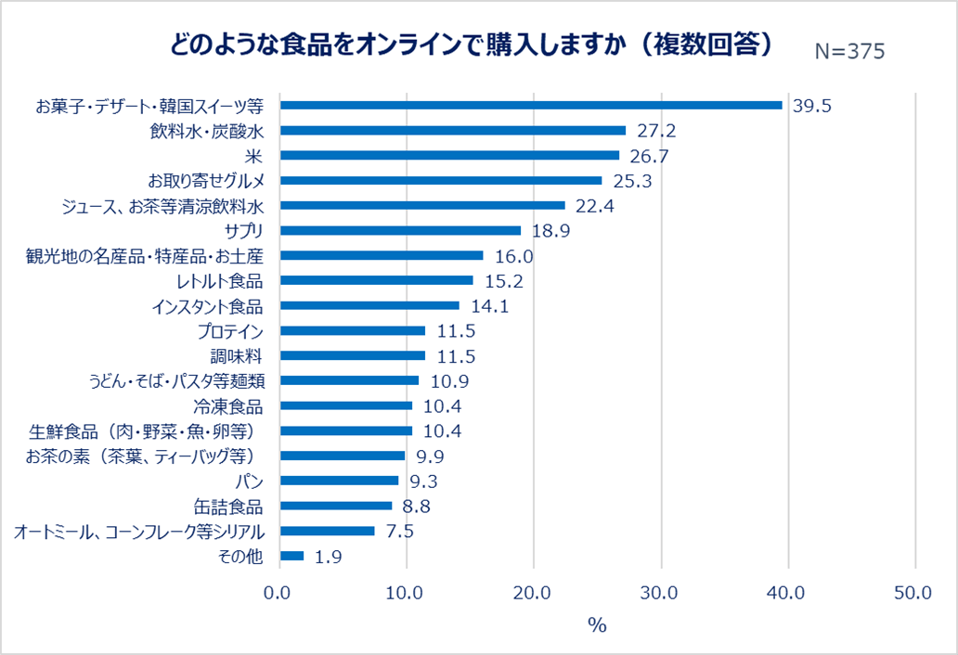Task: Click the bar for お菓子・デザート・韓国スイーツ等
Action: [531, 105]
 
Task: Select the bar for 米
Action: [449, 155]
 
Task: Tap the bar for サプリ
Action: [400, 230]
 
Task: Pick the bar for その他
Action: [291, 556]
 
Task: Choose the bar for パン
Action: [339, 481]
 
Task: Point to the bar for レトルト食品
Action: [376, 280]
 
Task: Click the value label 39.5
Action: [812, 106]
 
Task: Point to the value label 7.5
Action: [400, 532]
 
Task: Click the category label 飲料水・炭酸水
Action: [206, 131]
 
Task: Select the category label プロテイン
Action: [230, 331]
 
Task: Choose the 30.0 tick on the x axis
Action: [661, 593]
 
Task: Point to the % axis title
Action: [597, 624]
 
